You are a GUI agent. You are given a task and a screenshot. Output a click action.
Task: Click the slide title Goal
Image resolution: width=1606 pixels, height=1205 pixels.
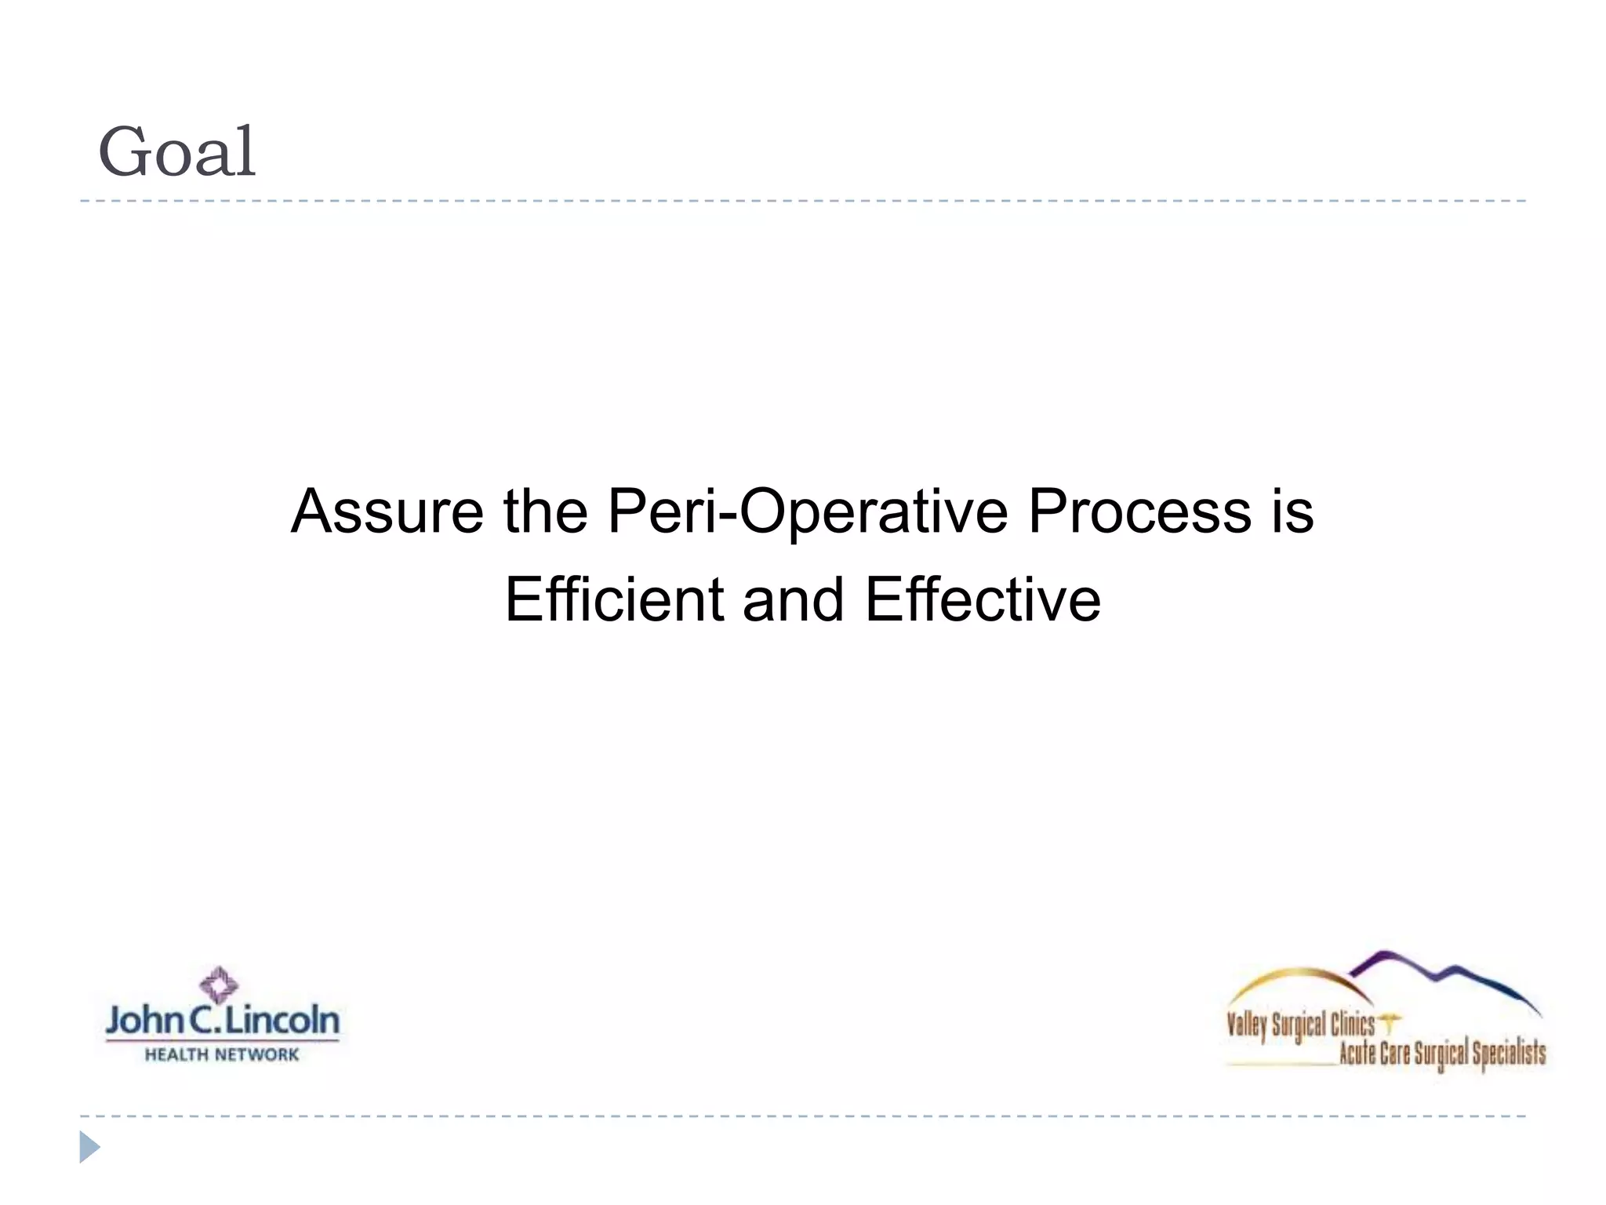pyautogui.click(x=177, y=152)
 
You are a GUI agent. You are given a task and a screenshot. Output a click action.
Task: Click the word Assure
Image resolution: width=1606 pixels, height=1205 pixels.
pyautogui.click(x=387, y=511)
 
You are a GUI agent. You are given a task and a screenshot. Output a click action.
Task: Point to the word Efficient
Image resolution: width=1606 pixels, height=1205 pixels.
pyautogui.click(x=614, y=599)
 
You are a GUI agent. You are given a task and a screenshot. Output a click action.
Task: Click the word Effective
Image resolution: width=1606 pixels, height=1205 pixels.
pyautogui.click(x=983, y=599)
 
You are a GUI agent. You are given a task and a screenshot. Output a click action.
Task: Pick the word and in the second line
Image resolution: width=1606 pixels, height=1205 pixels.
pyautogui.click(x=793, y=599)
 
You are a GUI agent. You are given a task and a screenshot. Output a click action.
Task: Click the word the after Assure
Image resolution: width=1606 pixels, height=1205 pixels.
pyautogui.click(x=545, y=511)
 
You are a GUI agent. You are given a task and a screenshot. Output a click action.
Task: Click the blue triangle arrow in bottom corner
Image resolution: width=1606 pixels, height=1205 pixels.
pyautogui.click(x=89, y=1147)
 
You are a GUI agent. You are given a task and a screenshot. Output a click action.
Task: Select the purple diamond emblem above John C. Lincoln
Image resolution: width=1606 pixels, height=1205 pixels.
pyautogui.click(x=219, y=985)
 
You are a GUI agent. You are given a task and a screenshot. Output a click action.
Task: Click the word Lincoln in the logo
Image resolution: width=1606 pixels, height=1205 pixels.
pyautogui.click(x=282, y=1021)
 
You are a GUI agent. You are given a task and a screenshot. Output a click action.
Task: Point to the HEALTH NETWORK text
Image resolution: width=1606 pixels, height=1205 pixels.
pyautogui.click(x=222, y=1055)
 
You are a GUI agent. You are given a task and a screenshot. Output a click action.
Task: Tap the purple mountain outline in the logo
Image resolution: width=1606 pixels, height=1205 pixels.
pyautogui.click(x=1443, y=973)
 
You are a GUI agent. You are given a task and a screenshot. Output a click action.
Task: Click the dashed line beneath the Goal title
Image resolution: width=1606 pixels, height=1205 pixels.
pyautogui.click(x=803, y=202)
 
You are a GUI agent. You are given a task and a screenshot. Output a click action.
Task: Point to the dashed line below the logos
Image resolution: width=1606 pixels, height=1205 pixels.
pyautogui.click(x=803, y=1116)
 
